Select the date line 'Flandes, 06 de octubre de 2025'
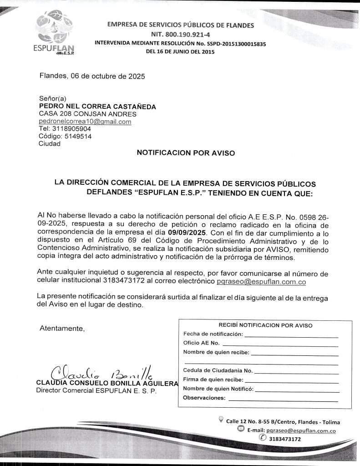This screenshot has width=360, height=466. point(92,76)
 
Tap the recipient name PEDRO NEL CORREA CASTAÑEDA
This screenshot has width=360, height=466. point(97,106)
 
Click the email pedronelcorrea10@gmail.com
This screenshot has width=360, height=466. point(85,122)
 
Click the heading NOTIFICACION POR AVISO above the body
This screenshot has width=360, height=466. point(186,153)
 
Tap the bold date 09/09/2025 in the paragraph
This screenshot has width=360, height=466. point(187,232)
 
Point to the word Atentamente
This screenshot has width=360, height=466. point(62,328)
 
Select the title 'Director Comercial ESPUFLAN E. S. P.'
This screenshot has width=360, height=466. point(96,390)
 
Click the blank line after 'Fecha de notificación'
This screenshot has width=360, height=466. point(291,336)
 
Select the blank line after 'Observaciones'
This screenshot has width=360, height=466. point(283,400)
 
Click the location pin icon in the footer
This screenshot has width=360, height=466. point(221,419)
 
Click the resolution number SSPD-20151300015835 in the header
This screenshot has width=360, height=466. point(231,44)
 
